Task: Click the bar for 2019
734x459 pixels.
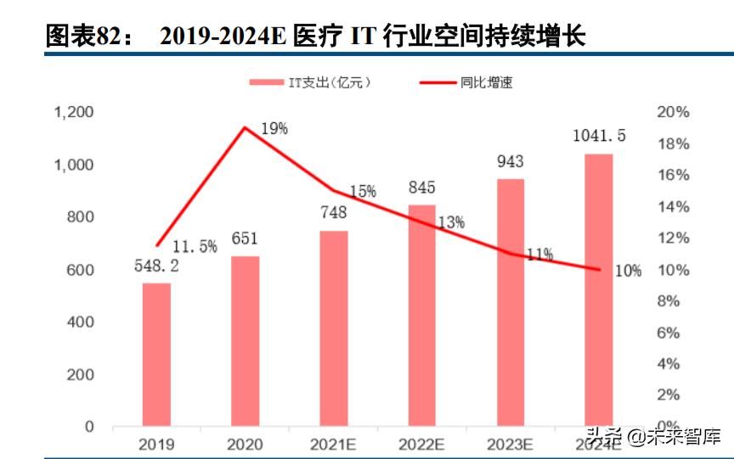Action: point(156,355)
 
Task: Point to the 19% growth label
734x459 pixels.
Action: point(274,129)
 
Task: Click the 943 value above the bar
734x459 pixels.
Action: point(510,162)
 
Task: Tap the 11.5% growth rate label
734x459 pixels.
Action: point(195,247)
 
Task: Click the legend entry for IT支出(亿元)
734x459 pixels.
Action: point(310,82)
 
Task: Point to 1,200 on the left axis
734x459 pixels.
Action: point(74,112)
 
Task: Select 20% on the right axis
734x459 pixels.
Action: point(674,112)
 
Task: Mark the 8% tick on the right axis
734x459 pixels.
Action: point(670,301)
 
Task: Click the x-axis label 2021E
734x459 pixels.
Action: point(333,444)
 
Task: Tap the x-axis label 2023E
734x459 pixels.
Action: point(510,444)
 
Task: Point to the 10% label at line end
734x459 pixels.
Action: point(628,271)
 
